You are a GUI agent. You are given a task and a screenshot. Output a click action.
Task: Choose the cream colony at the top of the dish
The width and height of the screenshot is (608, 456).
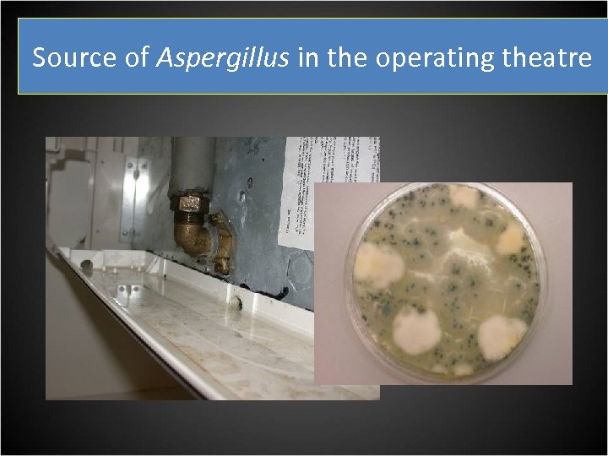click(463, 198)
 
